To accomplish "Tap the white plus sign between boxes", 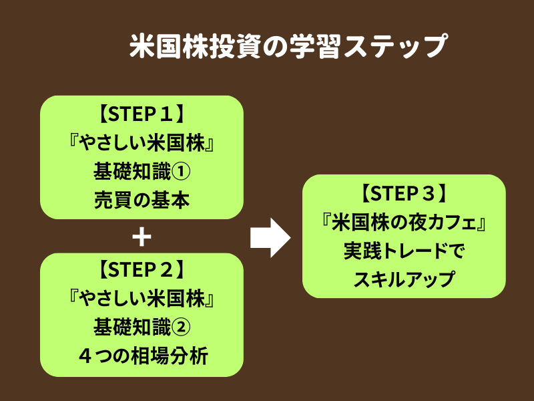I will pyautogui.click(x=142, y=237).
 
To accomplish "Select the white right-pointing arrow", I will pyautogui.click(x=270, y=237).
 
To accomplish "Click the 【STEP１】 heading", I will pyautogui.click(x=142, y=115).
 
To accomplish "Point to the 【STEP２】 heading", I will pyautogui.click(x=142, y=271).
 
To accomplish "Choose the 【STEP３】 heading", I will pyautogui.click(x=404, y=194).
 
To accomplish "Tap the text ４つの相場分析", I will pyautogui.click(x=142, y=357).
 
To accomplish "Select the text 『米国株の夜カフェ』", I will pyautogui.click(x=404, y=223).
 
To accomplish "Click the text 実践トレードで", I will pyautogui.click(x=404, y=251).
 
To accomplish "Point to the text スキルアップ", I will pyautogui.click(x=404, y=279).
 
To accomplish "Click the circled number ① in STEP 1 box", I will pyautogui.click(x=182, y=172).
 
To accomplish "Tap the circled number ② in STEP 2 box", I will pyautogui.click(x=182, y=328).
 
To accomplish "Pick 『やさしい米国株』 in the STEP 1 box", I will pyautogui.click(x=142, y=143).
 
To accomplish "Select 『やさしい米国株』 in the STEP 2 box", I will pyautogui.click(x=142, y=300).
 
